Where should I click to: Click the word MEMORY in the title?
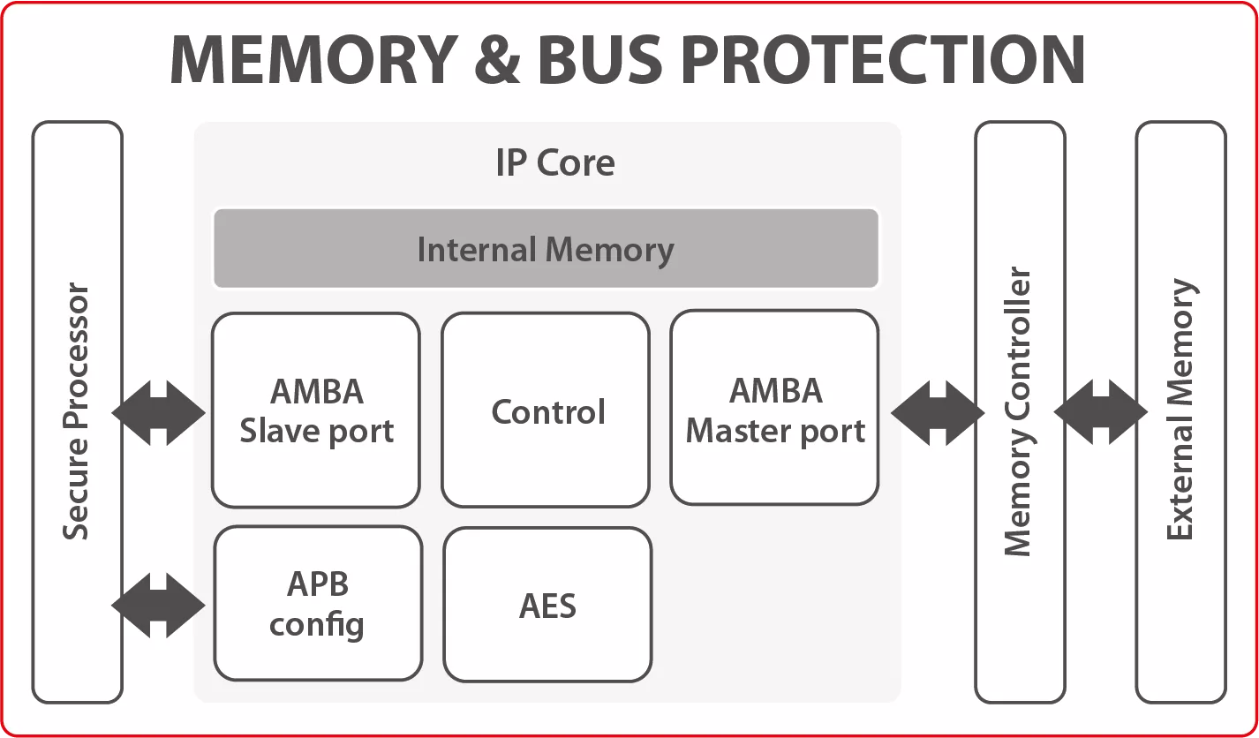(x=314, y=59)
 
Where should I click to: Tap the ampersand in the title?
(x=497, y=59)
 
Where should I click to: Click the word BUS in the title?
(x=601, y=59)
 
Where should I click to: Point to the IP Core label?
(x=555, y=162)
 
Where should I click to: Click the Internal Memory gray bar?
(x=546, y=248)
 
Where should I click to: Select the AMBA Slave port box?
(x=316, y=410)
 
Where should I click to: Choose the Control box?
(x=546, y=410)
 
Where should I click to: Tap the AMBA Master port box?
(x=774, y=408)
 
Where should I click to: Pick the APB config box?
(x=318, y=603)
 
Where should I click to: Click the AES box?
(x=547, y=604)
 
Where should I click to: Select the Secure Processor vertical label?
(x=76, y=410)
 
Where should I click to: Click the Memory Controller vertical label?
(x=1018, y=411)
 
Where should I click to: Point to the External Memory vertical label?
(x=1181, y=410)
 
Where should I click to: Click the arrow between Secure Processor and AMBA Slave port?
(x=159, y=413)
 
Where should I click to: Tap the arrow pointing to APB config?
(x=159, y=606)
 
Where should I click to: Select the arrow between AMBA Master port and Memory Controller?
(x=938, y=413)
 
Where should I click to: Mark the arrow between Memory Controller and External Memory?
(x=1100, y=412)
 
